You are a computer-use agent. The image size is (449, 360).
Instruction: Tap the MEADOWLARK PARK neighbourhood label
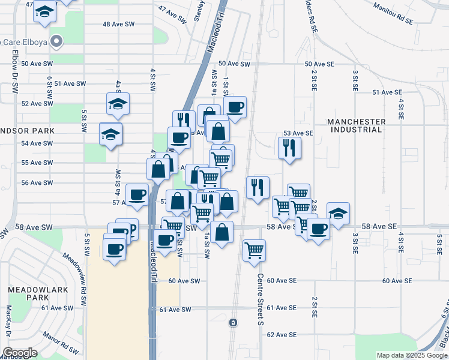pos(28,293)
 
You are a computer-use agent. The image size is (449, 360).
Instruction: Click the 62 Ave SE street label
pos(282,335)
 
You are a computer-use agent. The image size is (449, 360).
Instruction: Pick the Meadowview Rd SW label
pos(78,272)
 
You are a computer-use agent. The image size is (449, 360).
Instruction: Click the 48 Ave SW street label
pos(119,24)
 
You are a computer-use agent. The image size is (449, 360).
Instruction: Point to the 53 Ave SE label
pos(298,133)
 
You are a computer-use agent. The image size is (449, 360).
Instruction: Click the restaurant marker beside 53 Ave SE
pos(290,147)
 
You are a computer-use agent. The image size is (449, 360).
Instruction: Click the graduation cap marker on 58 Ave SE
pos(338,212)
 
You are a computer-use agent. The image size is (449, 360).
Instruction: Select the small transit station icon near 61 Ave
pos(233,323)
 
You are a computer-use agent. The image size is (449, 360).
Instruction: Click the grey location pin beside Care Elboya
pos(56,41)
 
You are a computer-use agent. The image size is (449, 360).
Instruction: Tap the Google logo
pos(20,353)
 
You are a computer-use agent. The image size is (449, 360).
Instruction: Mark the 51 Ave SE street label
pos(387,92)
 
